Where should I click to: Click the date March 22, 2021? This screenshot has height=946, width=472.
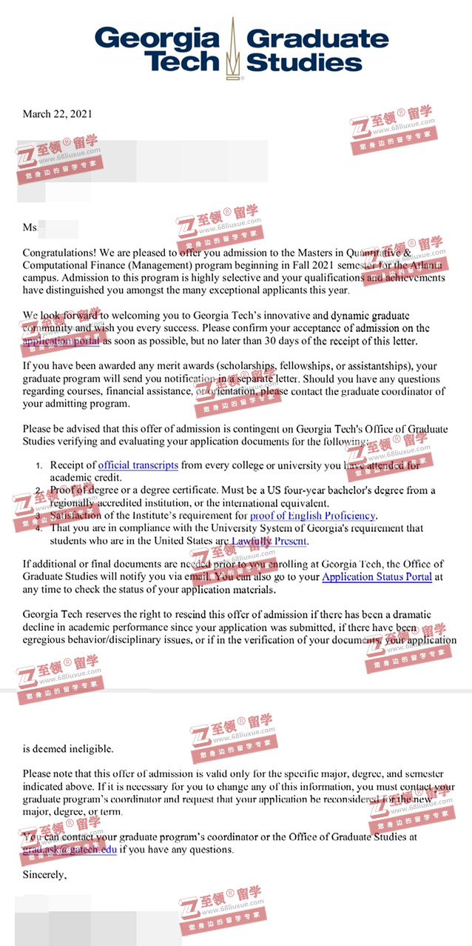57,114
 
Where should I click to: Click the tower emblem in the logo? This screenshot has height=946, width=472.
233,48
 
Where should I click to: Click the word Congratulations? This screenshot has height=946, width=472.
63,253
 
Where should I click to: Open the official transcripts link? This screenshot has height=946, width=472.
138,465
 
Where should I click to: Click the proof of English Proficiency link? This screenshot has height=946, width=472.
313,516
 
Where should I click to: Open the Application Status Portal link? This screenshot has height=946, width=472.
377,577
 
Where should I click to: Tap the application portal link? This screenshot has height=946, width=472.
61,342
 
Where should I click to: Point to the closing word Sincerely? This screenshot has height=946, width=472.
44,875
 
